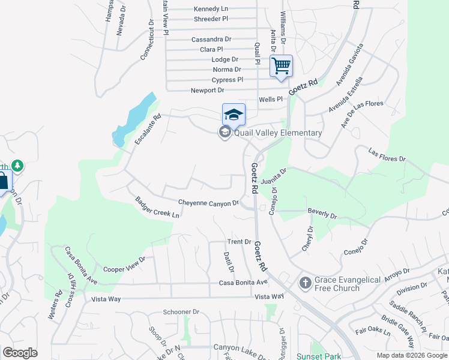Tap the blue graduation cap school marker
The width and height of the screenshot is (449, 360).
click(x=234, y=113)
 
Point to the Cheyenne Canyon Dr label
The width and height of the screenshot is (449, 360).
click(x=208, y=203)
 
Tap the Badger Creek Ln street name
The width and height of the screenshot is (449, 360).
click(x=157, y=207)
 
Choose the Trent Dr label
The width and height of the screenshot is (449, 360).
click(x=239, y=242)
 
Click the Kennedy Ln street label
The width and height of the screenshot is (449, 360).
click(x=211, y=9)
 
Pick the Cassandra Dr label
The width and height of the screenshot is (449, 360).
click(x=211, y=39)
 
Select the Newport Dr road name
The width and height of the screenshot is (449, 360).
click(x=207, y=90)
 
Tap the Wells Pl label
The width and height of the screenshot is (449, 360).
click(x=270, y=99)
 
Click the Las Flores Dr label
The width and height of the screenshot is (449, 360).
click(x=387, y=155)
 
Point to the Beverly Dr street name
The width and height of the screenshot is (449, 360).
click(x=322, y=213)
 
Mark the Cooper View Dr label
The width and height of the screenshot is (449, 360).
click(x=124, y=265)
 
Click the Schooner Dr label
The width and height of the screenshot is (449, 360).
click(x=181, y=312)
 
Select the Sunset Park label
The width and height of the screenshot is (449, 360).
click(x=318, y=356)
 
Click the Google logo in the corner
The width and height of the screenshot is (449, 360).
click(x=20, y=353)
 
